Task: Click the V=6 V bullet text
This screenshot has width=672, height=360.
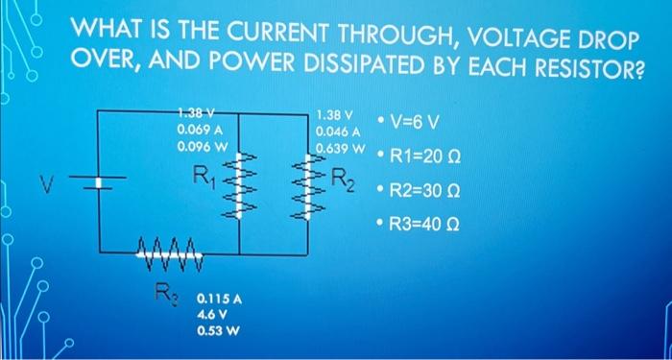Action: coord(415,122)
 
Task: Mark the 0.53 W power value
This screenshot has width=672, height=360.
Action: coord(216,330)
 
